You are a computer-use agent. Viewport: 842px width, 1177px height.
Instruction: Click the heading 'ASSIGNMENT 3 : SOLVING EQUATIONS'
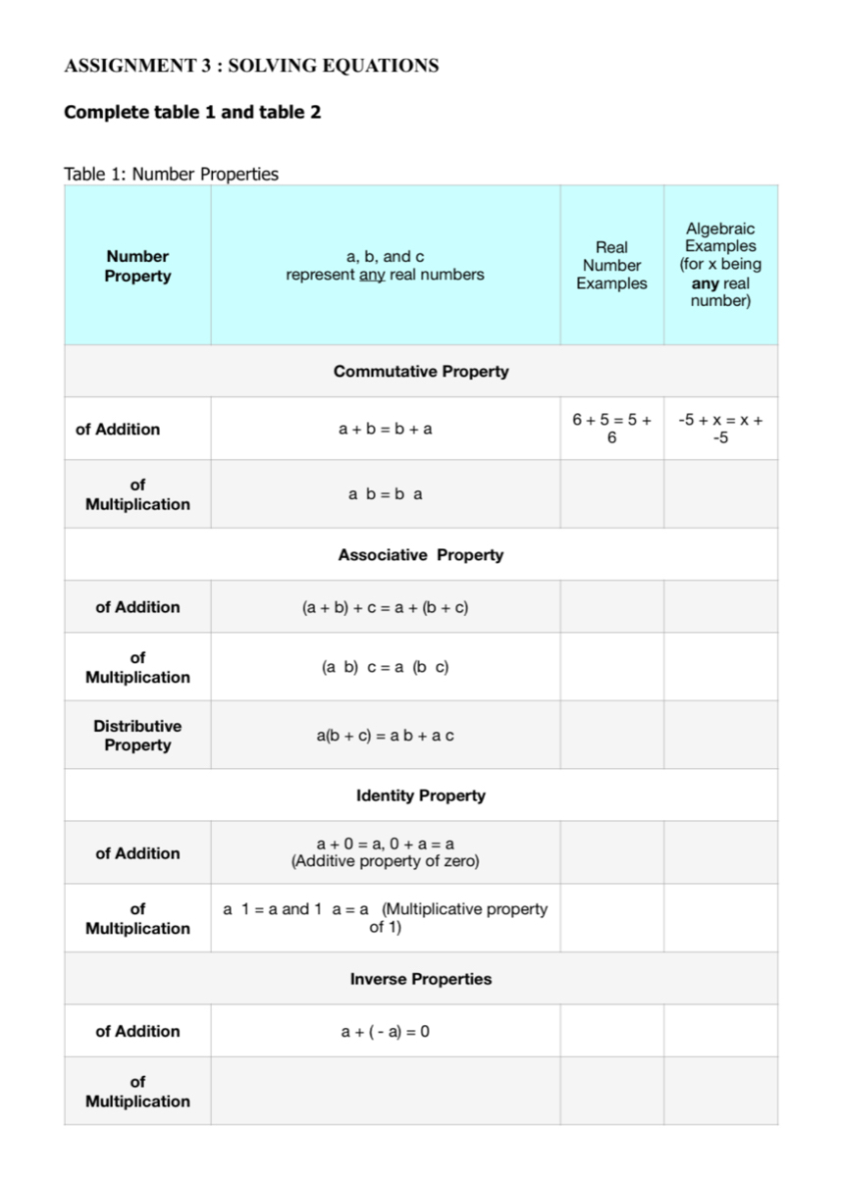pos(251,67)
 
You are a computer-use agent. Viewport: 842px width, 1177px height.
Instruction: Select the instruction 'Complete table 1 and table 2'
pos(192,112)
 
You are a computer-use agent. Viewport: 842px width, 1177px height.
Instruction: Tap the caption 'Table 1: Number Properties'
pos(171,175)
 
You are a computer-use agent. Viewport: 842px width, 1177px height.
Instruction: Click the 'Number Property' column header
pos(137,266)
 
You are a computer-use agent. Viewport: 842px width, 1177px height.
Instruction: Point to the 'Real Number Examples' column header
pos(611,265)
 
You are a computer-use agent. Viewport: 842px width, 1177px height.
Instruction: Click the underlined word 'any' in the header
pos(372,275)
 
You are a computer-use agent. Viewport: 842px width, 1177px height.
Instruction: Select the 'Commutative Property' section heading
pos(421,371)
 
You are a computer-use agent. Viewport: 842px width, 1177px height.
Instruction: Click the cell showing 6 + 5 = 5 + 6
pos(611,429)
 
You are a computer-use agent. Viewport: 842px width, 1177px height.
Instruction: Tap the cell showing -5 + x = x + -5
pos(720,429)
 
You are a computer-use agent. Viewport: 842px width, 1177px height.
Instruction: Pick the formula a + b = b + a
pos(385,429)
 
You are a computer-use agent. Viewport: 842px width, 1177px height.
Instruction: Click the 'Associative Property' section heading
pos(421,554)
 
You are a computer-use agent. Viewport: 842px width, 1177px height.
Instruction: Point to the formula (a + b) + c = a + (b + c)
pos(385,607)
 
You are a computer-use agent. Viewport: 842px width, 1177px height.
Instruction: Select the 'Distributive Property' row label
pos(137,736)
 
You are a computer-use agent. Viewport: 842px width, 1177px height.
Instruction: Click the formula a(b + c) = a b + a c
pos(385,736)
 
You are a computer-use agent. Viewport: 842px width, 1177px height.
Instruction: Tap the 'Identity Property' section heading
pos(421,795)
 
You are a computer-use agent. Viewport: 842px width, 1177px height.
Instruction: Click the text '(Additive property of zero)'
pos(385,862)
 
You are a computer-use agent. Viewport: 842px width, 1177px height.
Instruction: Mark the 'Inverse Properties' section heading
pos(421,979)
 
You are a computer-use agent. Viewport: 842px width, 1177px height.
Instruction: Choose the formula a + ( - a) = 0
pos(385,1031)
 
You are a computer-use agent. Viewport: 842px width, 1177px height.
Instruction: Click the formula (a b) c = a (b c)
pos(385,667)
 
